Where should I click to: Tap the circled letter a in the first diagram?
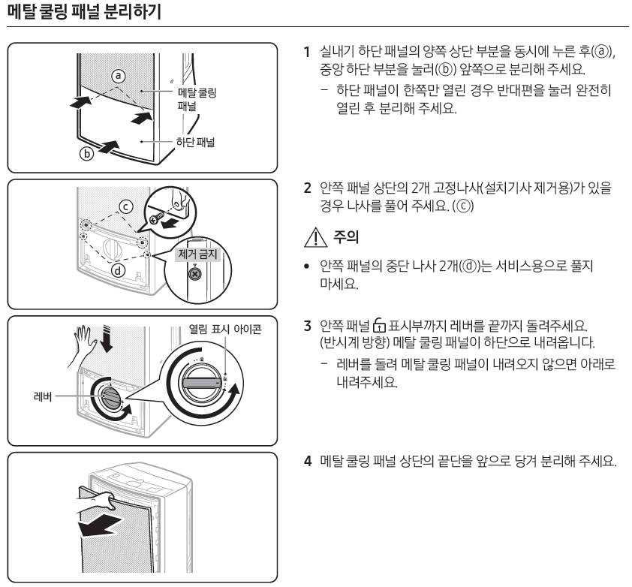click(119, 75)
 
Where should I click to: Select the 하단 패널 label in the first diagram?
click(193, 143)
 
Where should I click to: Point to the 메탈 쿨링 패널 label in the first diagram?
click(197, 99)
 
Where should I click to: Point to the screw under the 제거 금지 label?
click(194, 275)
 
